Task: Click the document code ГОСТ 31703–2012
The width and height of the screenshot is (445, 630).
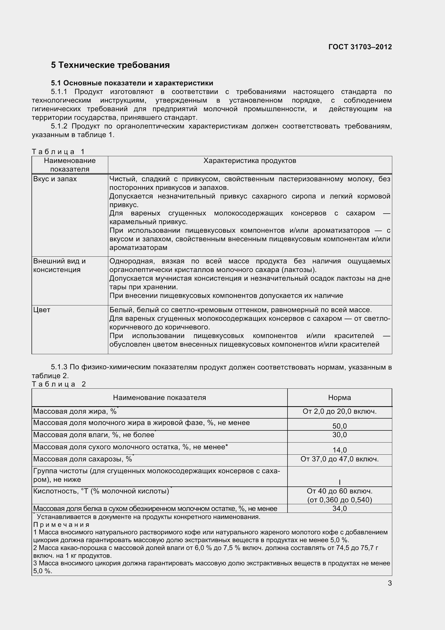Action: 360,47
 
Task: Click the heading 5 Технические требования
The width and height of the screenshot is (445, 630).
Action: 110,65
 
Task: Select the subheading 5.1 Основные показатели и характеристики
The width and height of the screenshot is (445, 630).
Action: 132,83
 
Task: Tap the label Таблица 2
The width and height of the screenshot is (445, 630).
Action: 59,384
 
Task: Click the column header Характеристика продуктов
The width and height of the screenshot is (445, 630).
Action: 250,161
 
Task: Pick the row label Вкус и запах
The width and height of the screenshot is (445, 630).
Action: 55,179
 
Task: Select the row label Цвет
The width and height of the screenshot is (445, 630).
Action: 42,310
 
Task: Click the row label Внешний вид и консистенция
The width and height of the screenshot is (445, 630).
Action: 59,265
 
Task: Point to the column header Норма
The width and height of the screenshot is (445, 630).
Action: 339,398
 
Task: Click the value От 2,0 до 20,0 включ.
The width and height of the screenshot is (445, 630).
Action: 339,411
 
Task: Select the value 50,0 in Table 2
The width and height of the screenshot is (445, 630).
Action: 339,426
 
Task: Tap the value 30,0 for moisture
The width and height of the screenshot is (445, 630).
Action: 339,435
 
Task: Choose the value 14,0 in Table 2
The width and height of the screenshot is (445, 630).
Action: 339,450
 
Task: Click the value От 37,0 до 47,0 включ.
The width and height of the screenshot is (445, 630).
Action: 339,459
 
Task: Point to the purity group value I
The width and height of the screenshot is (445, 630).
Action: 339,482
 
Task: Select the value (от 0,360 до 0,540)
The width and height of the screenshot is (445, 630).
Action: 339,500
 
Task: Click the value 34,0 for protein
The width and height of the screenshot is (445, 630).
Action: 339,509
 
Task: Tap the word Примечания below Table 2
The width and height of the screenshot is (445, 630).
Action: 61,525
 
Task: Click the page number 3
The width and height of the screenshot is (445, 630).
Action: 390,583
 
